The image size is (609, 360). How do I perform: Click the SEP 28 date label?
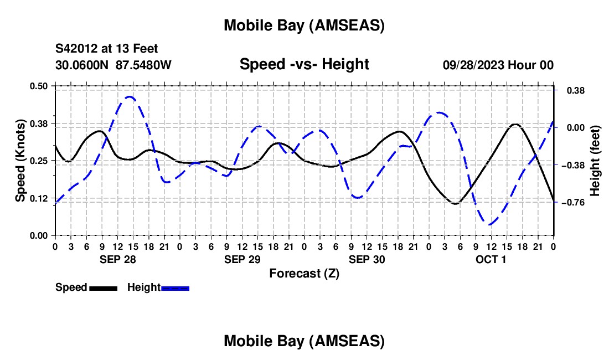[x=117, y=259]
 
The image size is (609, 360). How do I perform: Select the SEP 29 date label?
[x=242, y=259]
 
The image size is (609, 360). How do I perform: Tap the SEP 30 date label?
[x=367, y=259]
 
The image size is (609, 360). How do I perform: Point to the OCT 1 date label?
[x=491, y=259]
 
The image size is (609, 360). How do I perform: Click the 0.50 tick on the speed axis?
[x=39, y=86]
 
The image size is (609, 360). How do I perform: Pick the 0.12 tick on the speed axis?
[x=39, y=198]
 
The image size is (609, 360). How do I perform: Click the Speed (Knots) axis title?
[x=20, y=161]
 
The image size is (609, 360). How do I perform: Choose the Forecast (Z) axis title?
[x=304, y=273]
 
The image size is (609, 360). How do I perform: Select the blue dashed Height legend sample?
[x=176, y=287]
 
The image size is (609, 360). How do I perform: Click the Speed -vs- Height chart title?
[x=304, y=64]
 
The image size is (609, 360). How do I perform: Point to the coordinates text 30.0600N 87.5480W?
[x=113, y=65]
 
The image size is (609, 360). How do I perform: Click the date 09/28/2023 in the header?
[x=474, y=65]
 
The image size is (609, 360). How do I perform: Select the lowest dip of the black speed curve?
[x=455, y=204]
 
